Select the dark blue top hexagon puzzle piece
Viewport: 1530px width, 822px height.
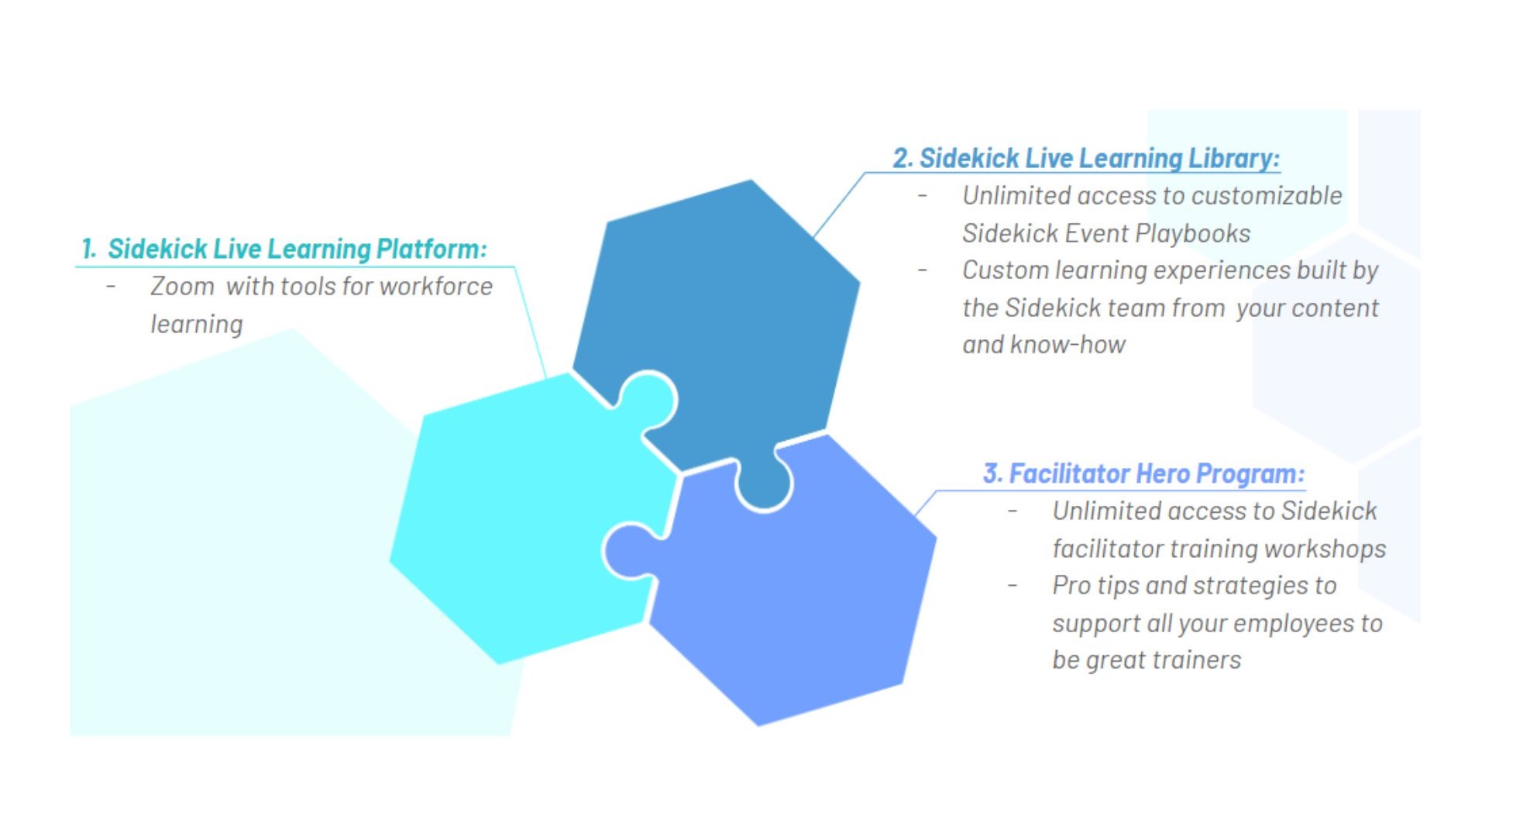[x=720, y=325]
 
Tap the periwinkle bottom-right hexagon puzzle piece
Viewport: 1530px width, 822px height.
[x=790, y=589]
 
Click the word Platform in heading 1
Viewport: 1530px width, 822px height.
[x=431, y=249]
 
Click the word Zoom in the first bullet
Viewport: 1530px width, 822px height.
[x=182, y=287]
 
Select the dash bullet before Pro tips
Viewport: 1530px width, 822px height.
[x=1013, y=586]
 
